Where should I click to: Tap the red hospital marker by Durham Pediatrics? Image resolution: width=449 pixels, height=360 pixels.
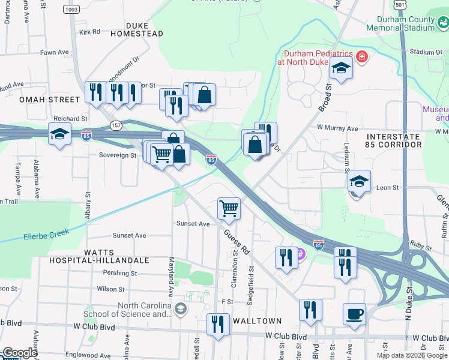pos(361,57)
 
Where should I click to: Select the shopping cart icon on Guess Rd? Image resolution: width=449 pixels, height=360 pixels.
pos(229,209)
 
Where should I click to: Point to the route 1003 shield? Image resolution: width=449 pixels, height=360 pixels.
pos(72,10)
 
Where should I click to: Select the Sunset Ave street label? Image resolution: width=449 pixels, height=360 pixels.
pos(193,224)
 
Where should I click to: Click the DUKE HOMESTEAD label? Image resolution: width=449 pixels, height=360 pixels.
pos(141,30)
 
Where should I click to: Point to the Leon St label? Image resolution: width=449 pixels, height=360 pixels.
pos(387,188)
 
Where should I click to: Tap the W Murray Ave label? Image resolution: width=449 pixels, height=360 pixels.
pos(337,128)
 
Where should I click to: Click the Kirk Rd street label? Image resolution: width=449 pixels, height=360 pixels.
pos(88,32)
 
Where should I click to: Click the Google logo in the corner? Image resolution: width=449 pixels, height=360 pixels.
pos(19,353)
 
